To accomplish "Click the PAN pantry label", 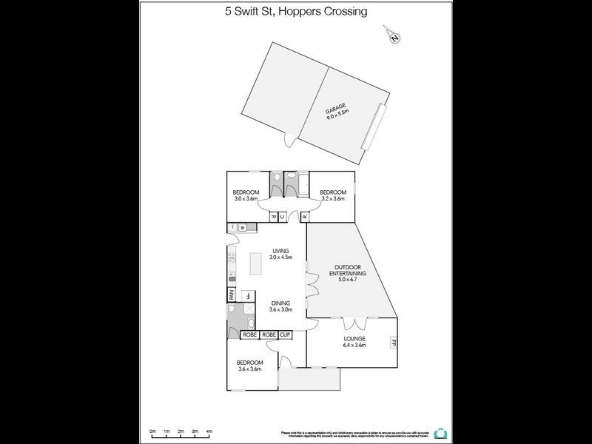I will [231, 295].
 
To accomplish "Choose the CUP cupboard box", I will [285, 335].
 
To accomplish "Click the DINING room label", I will [280, 303].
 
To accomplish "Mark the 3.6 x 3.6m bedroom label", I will [249, 365].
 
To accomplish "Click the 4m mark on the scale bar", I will [209, 431].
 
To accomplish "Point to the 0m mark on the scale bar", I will [152, 431].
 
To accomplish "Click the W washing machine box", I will [242, 227].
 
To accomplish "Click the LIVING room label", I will [280, 251].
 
